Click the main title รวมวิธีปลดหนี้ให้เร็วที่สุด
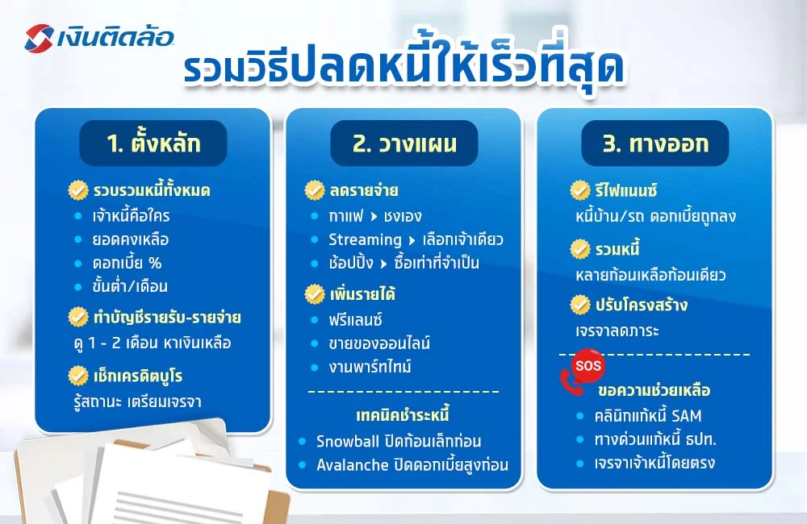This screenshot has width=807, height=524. click(403, 69)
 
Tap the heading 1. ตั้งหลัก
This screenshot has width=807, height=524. click(153, 143)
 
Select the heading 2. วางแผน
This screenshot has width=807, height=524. click(404, 143)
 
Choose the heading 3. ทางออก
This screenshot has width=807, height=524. click(655, 143)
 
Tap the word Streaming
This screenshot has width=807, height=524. click(365, 239)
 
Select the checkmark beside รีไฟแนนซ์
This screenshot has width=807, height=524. click(580, 191)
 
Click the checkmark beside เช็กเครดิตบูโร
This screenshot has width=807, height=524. click(78, 376)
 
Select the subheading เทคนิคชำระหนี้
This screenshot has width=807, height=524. click(403, 416)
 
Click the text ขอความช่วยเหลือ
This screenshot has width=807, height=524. click(654, 391)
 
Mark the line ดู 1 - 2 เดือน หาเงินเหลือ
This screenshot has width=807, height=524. click(152, 343)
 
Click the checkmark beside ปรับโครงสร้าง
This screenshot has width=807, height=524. click(580, 306)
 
